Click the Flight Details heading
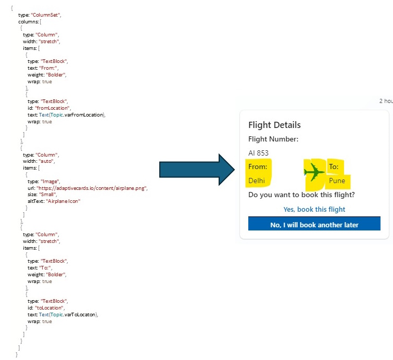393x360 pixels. pyautogui.click(x=274, y=125)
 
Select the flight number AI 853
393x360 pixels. pyautogui.click(x=259, y=153)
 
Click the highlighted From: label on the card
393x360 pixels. pyautogui.click(x=258, y=167)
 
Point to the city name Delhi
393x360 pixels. pyautogui.click(x=257, y=181)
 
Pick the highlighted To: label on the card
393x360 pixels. pyautogui.click(x=334, y=167)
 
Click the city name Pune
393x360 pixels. pyautogui.click(x=337, y=181)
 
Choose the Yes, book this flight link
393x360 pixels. pyautogui.click(x=314, y=209)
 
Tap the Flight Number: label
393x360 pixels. pyautogui.click(x=273, y=139)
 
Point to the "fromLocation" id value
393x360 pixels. pyautogui.click(x=55, y=108)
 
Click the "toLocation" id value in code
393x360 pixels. pyautogui.click(x=52, y=308)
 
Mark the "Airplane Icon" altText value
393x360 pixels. pyautogui.click(x=64, y=201)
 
